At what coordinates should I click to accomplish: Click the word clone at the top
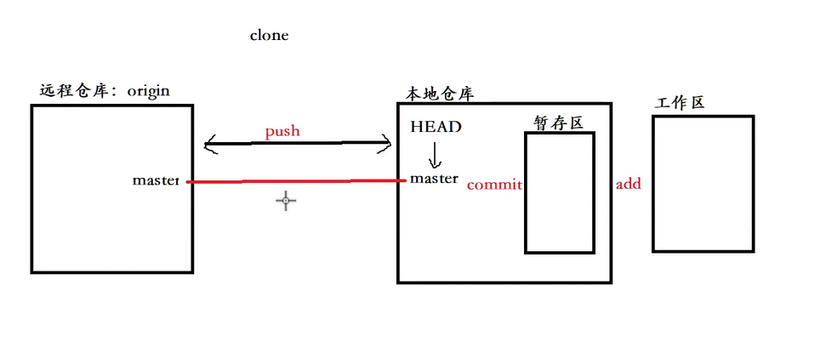click(269, 36)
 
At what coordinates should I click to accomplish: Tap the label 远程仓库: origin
click(105, 90)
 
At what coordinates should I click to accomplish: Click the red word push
click(282, 132)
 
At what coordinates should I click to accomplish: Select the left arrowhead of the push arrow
click(209, 146)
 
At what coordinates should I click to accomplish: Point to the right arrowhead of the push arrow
click(385, 146)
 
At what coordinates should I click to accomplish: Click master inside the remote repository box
click(156, 180)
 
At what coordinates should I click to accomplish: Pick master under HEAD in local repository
click(434, 179)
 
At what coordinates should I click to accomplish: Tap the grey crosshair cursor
click(286, 201)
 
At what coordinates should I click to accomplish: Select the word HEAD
click(436, 127)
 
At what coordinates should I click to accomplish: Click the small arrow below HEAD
click(435, 155)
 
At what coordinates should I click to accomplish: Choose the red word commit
click(494, 184)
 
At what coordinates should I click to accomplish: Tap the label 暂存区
click(557, 123)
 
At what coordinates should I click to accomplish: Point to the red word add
click(628, 184)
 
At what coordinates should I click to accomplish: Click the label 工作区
click(680, 103)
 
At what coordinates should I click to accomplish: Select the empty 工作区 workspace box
click(703, 183)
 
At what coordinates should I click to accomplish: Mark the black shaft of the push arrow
click(298, 143)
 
